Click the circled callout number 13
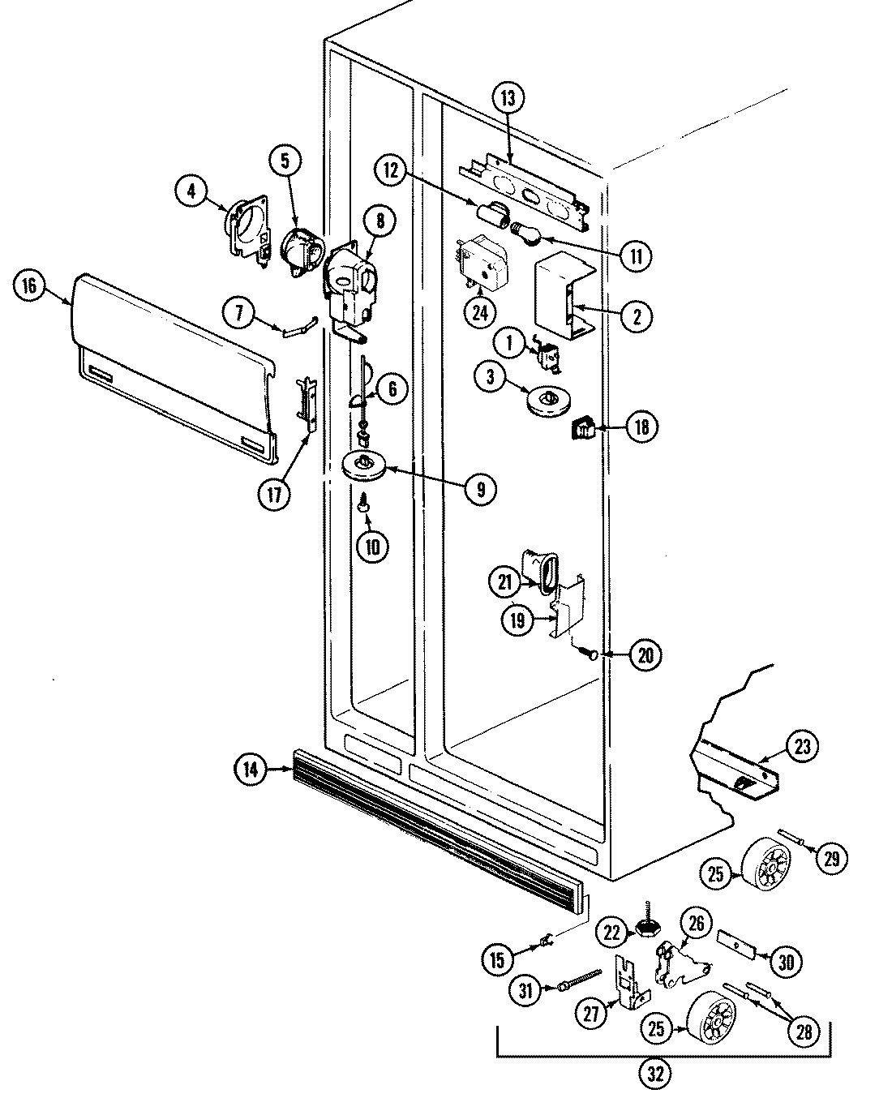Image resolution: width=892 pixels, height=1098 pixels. [x=507, y=99]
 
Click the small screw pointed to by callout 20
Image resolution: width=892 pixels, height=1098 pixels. [x=592, y=653]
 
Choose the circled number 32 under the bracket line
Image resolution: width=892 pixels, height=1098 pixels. [x=655, y=1074]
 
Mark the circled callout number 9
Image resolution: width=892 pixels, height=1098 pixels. [x=481, y=488]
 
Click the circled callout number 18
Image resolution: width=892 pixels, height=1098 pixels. [x=641, y=427]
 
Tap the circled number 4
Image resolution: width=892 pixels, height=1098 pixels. [x=191, y=192]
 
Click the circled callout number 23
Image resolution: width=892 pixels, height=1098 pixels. [x=802, y=747]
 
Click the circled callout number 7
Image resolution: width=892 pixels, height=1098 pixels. [x=240, y=314]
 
